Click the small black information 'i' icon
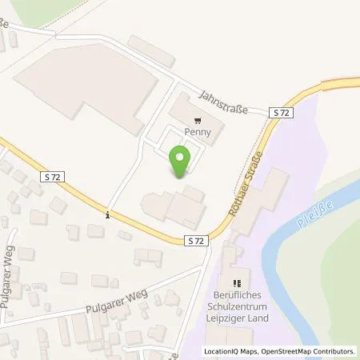coord(107,214)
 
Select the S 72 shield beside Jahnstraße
coord(281,114)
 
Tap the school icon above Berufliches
coord(237,283)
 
